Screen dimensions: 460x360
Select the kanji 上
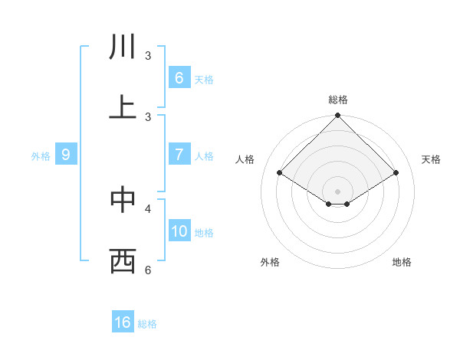(123, 108)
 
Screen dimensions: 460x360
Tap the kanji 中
(123, 200)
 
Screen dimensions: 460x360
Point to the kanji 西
(123, 261)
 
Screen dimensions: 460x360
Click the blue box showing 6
(179, 77)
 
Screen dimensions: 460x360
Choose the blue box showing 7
(179, 154)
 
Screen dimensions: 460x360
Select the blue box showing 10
(179, 231)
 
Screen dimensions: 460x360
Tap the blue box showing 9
(66, 155)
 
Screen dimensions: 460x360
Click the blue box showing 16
(123, 322)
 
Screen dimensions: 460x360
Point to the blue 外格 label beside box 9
(41, 155)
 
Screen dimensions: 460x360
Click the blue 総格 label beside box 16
(147, 324)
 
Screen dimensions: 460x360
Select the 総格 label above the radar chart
(338, 100)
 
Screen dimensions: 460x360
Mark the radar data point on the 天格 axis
(396, 173)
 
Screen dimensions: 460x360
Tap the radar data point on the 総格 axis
(338, 116)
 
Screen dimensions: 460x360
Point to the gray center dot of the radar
(338, 191)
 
